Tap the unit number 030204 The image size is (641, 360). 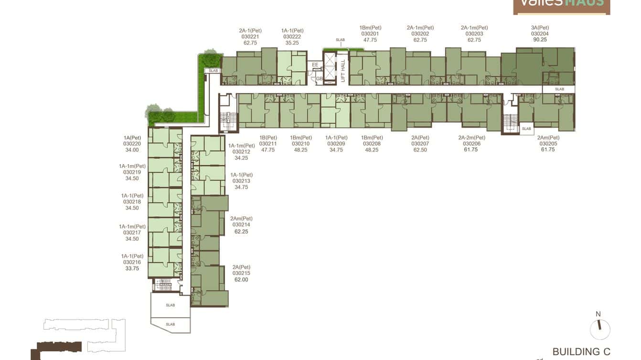pos(540,34)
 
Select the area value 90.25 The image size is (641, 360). pos(540,40)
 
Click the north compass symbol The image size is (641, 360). pos(600,329)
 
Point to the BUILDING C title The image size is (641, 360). pos(581,352)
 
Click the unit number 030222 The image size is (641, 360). pos(292,37)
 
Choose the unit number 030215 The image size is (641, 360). pos(241,274)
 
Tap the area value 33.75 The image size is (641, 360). pos(132,268)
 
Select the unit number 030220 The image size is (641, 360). pos(132,144)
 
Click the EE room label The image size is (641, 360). pos(315,65)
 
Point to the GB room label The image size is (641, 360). pos(319,79)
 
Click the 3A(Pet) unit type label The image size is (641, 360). pos(540,28)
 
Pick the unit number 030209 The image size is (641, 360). pos(336,144)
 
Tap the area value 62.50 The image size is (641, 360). pos(420,150)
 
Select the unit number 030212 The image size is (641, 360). pos(241,152)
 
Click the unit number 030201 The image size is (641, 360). pos(370,34)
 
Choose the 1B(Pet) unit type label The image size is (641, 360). pos(268,138)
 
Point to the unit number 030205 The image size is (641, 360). pos(548,144)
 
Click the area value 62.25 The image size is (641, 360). pos(241,232)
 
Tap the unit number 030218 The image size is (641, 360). pos(132,202)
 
